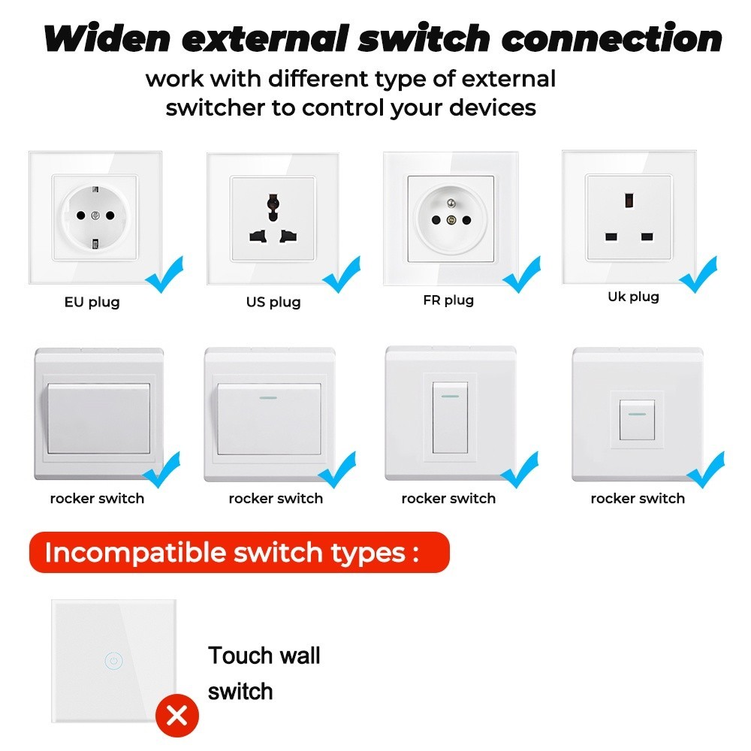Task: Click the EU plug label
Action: tap(92, 303)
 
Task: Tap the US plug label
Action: tap(273, 302)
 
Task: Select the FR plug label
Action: tap(448, 300)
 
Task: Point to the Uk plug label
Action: tap(633, 297)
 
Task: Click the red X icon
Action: tap(177, 716)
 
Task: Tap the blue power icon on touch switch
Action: tap(113, 662)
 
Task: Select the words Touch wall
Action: tap(264, 655)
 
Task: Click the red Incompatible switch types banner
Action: tap(238, 553)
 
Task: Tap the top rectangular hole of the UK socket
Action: tap(629, 201)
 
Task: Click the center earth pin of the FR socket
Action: tap(451, 220)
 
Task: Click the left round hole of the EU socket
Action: tap(80, 216)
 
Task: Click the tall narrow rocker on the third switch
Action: tap(450, 417)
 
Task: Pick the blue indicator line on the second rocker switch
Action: tap(269, 397)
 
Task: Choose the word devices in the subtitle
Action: tap(493, 107)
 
